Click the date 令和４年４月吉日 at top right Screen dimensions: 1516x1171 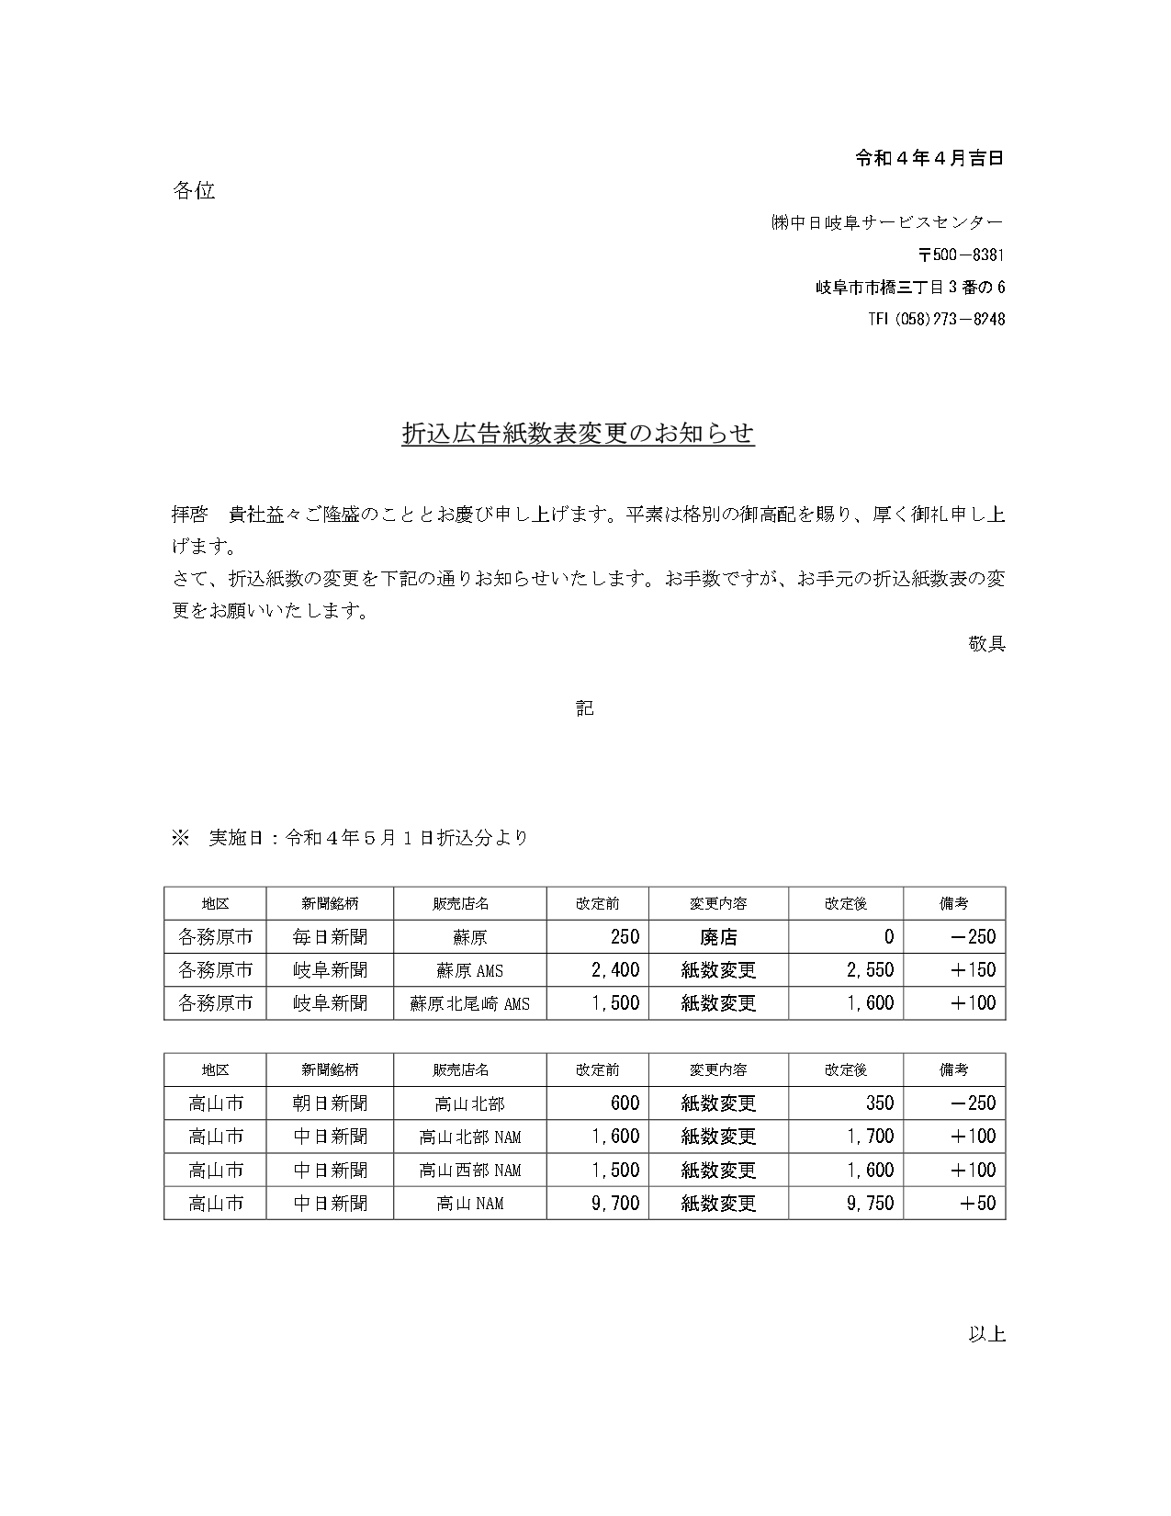(929, 158)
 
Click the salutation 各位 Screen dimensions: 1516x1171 (194, 190)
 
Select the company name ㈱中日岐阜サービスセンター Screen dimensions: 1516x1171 (887, 222)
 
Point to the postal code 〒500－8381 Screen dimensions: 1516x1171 (961, 255)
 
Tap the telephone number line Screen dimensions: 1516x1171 (936, 319)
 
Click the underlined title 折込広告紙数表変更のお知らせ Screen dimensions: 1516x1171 (579, 434)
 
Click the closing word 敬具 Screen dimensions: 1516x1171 (986, 643)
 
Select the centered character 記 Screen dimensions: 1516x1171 (585, 707)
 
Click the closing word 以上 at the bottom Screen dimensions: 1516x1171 (986, 1333)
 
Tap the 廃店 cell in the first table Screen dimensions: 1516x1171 (718, 937)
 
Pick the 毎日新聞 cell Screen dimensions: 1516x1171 (331, 937)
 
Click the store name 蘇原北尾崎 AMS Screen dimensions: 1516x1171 (470, 1003)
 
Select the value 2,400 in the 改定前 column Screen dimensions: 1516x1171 (615, 970)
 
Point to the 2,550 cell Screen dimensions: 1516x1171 (870, 970)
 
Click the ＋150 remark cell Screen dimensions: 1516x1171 (973, 970)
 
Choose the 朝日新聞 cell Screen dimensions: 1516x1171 (331, 1103)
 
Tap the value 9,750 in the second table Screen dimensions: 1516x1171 (870, 1203)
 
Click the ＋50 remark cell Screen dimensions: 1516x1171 (977, 1203)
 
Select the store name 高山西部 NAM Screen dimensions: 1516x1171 (470, 1170)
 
